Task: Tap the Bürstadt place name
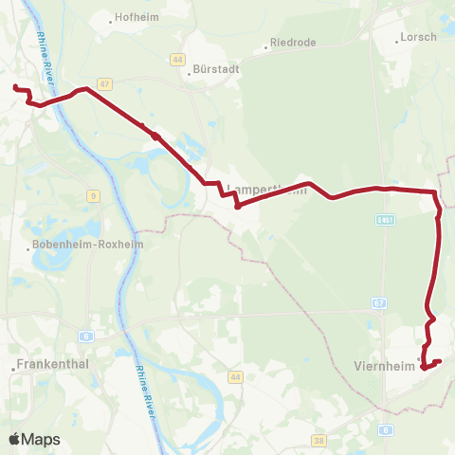coord(213,68)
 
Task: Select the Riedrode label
coord(293,42)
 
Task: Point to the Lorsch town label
coord(420,37)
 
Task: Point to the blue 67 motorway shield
coord(379,303)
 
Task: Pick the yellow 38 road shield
coord(319,440)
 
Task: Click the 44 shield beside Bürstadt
coord(177,59)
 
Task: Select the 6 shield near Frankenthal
coord(85,336)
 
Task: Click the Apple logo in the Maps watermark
coord(15,439)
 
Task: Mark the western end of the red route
coord(15,87)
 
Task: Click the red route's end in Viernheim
coord(439,360)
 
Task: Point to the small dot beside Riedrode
coord(266,45)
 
